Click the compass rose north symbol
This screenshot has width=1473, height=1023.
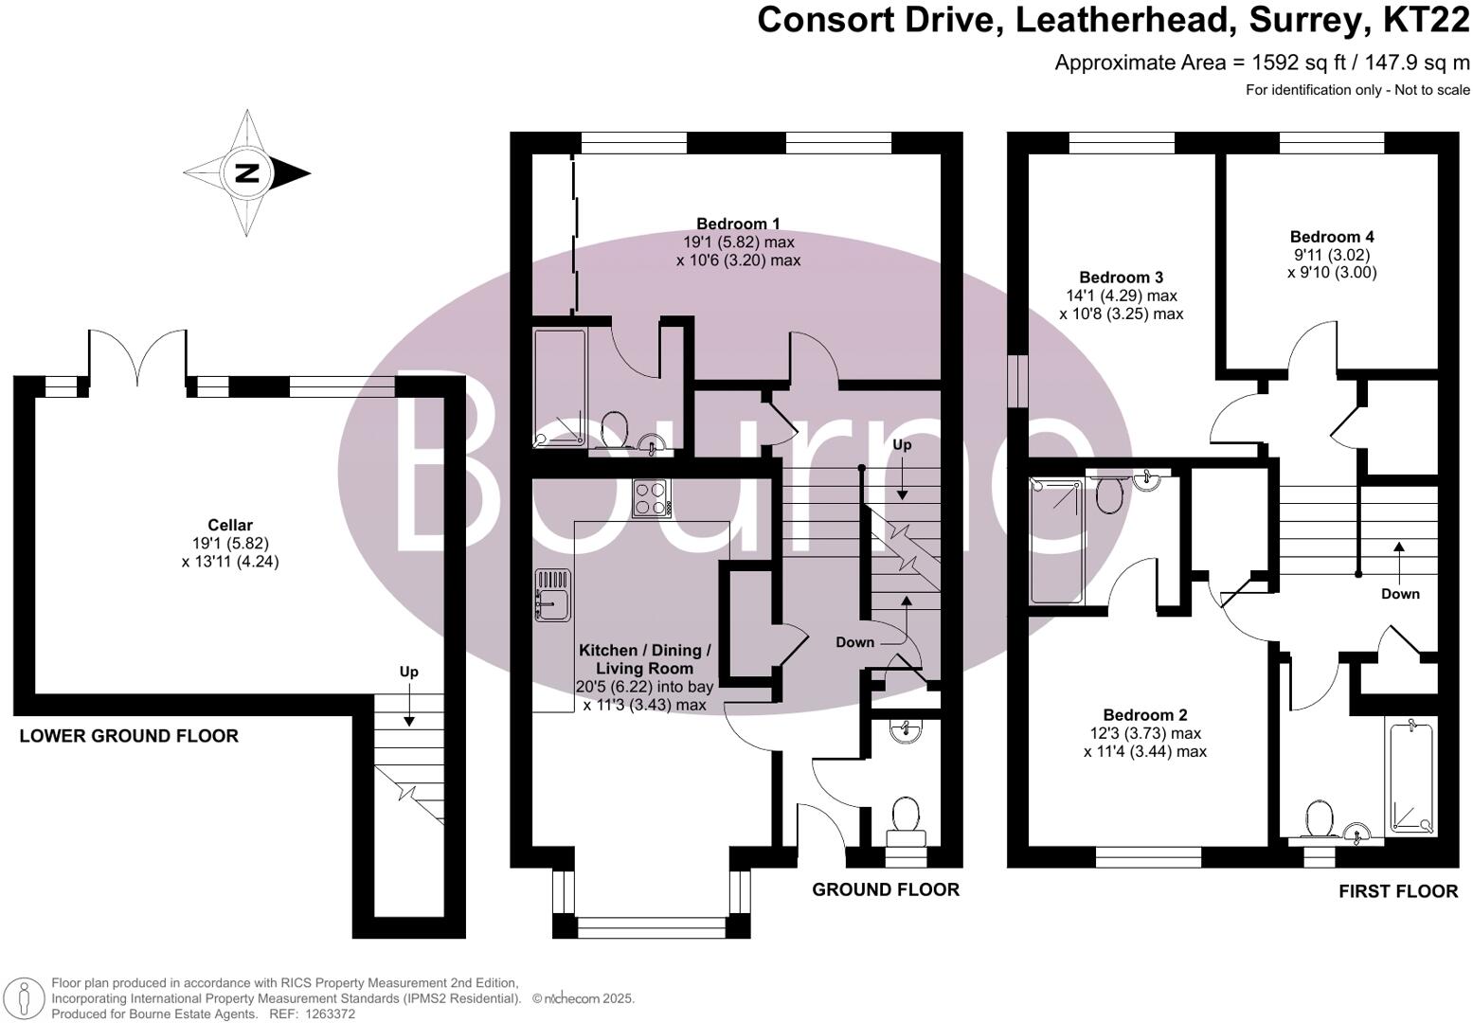tap(247, 173)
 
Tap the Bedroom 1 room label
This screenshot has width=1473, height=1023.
tap(738, 224)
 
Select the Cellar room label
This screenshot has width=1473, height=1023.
tap(230, 525)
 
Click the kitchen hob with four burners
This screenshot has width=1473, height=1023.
tap(651, 498)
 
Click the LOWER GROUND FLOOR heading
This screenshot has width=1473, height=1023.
tap(129, 736)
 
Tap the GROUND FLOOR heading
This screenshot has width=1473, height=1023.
tap(886, 889)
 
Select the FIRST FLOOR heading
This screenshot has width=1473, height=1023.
tap(1397, 891)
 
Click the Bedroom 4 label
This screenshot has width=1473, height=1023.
tap(1332, 237)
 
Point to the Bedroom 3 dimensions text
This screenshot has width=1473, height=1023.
tap(1121, 304)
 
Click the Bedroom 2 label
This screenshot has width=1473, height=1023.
tap(1144, 715)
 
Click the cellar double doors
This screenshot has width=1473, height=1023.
tap(138, 357)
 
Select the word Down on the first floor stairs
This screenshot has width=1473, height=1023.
tap(1400, 594)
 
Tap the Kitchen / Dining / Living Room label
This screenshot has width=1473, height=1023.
tap(644, 658)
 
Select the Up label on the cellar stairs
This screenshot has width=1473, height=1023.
tap(408, 672)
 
